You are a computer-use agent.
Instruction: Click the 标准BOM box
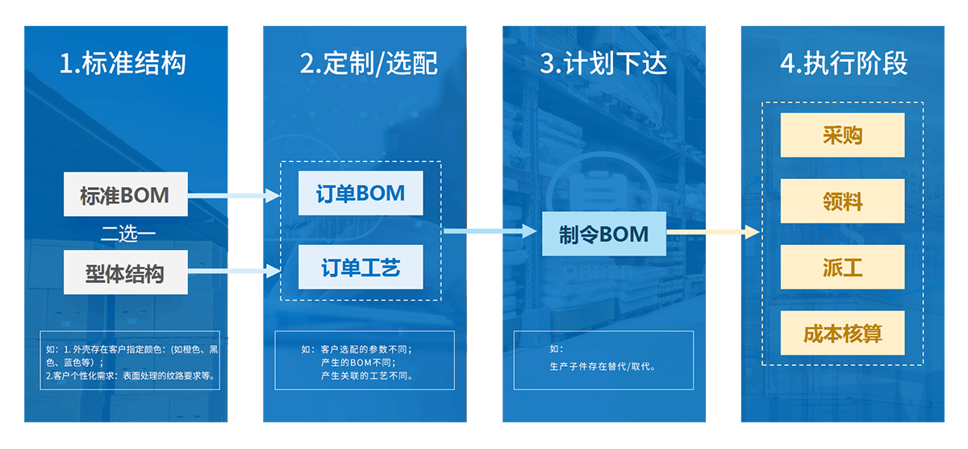[x=125, y=194]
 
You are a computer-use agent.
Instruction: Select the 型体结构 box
[x=125, y=272]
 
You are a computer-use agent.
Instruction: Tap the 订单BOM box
[x=361, y=193]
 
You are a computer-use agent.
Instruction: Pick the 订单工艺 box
[x=361, y=267]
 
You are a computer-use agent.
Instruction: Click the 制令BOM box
[x=603, y=234]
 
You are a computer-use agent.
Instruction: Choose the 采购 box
[x=842, y=135]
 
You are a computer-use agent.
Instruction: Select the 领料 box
[x=842, y=201]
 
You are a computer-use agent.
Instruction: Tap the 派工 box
[x=842, y=267]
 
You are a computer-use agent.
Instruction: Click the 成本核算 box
[x=842, y=333]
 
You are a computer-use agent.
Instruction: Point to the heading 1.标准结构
[x=123, y=63]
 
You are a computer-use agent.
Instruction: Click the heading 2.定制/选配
[x=369, y=63]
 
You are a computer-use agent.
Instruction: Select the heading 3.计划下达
[x=603, y=63]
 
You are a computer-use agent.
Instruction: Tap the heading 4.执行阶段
[x=844, y=63]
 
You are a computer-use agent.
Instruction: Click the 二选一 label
[x=128, y=234]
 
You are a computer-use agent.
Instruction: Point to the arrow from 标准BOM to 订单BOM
[x=234, y=196]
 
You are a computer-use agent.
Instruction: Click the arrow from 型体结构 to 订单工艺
[x=234, y=271]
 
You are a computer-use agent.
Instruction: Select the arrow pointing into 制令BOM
[x=490, y=231]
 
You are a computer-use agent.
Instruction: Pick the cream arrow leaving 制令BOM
[x=713, y=232]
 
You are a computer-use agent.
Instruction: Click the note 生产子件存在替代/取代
[x=603, y=367]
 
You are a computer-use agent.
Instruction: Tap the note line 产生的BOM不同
[x=358, y=362]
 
